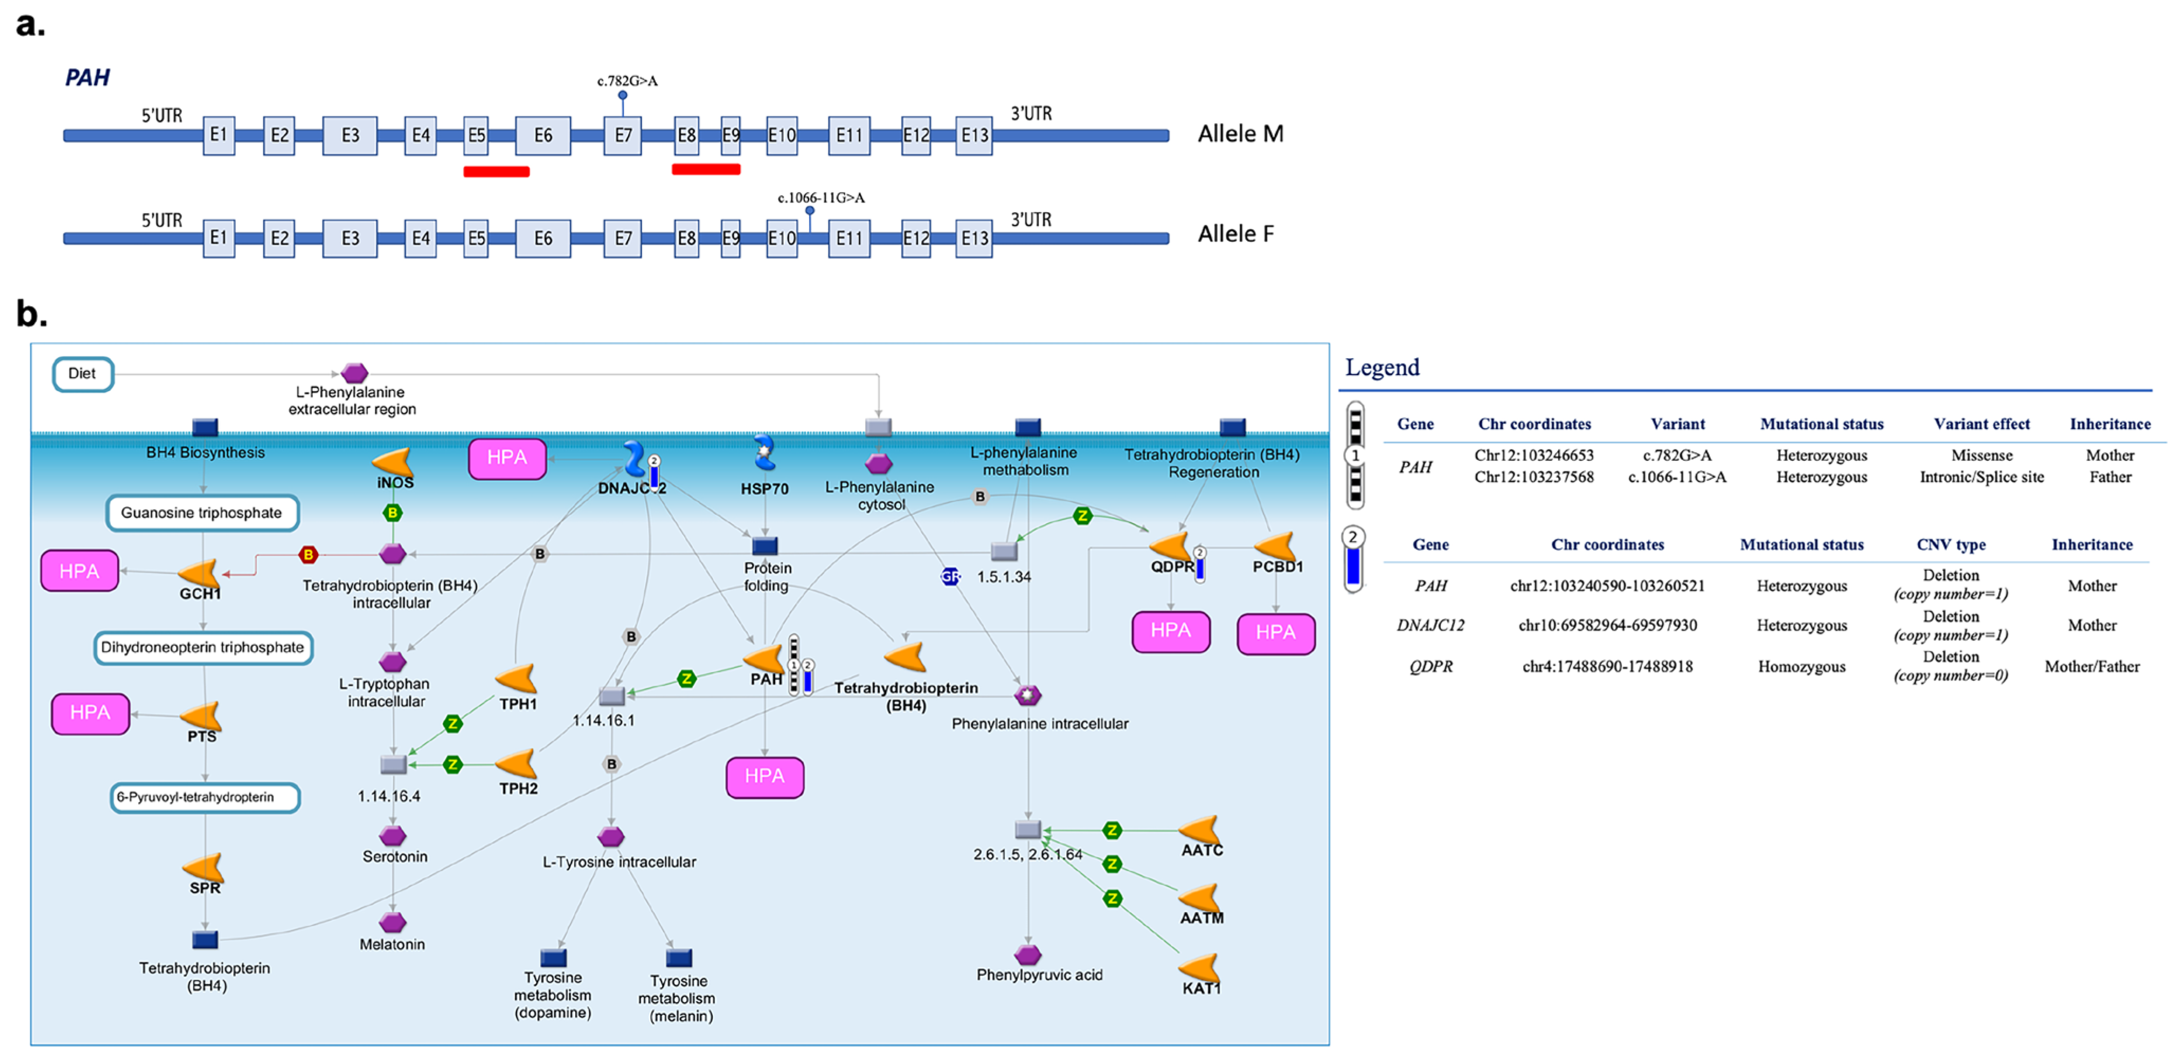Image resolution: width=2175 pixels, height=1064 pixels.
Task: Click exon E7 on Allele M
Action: click(622, 135)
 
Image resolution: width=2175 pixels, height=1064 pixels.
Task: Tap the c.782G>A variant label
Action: click(627, 81)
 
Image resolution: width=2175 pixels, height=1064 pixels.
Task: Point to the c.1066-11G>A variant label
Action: click(821, 197)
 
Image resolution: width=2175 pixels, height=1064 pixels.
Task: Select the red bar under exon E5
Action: click(496, 171)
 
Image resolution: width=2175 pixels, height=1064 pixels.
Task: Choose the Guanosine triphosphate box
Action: click(202, 513)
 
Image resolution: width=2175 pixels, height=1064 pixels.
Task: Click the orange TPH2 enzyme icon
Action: click(516, 763)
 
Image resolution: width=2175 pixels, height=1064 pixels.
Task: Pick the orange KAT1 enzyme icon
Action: click(1199, 968)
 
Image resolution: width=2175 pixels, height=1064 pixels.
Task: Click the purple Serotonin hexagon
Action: click(393, 836)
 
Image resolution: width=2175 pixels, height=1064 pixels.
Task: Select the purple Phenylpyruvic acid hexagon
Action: click(1028, 955)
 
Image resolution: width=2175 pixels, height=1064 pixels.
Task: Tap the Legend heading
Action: click(1382, 367)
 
